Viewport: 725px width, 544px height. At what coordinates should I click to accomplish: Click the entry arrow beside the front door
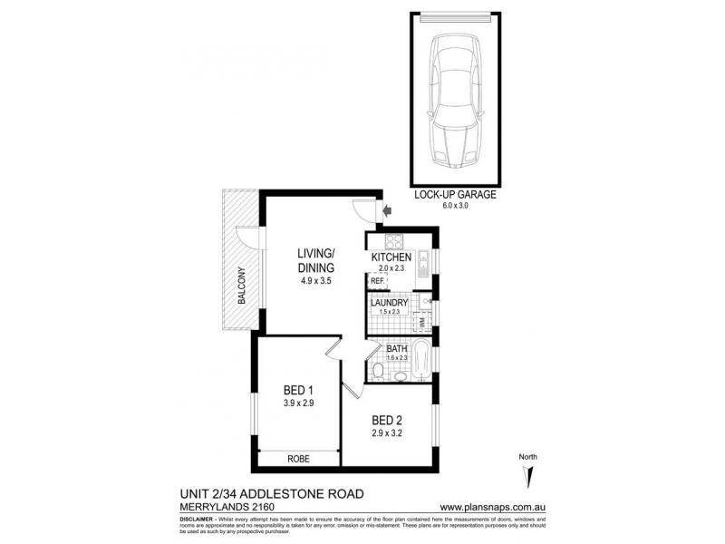[388, 211]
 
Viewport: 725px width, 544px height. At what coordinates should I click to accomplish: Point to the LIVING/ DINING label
[317, 260]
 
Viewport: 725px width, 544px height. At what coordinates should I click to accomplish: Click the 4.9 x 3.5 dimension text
[317, 281]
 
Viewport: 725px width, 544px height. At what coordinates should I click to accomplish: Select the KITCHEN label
[391, 257]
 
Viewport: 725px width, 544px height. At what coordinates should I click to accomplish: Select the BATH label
[397, 348]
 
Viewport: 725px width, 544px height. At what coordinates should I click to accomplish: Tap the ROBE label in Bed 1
[299, 460]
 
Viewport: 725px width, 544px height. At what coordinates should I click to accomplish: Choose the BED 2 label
[387, 420]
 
